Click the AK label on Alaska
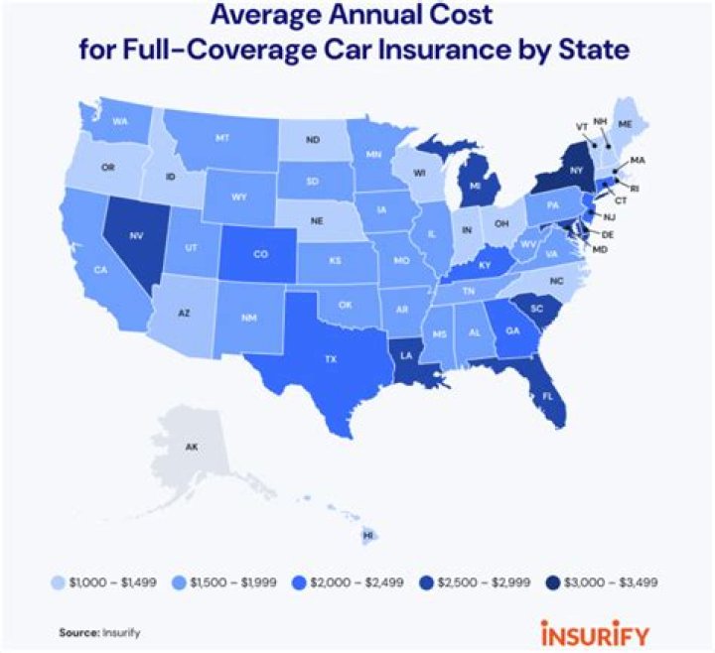point(192,448)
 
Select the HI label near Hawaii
point(368,534)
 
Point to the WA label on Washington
point(120,122)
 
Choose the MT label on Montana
point(221,137)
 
